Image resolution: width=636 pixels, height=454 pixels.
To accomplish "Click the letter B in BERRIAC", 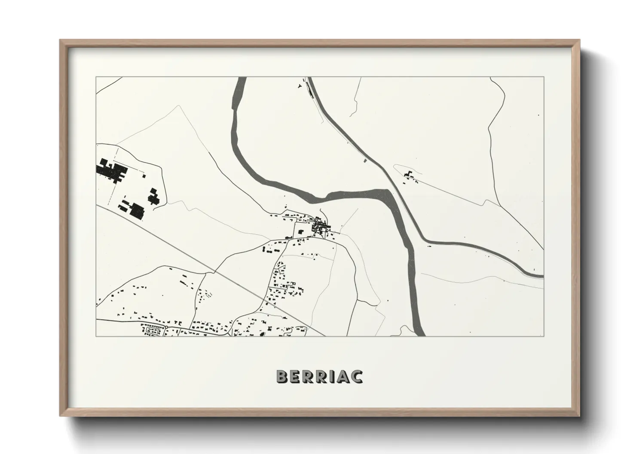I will [282, 376].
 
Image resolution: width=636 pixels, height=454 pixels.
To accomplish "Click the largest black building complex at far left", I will [109, 171].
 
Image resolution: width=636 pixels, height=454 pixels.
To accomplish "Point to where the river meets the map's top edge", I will [241, 79].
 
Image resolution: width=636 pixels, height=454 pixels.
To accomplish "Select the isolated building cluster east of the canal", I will [408, 176].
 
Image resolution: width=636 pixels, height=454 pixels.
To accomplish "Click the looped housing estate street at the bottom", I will [153, 331].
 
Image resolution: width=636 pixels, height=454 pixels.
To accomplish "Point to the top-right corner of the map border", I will [544, 77].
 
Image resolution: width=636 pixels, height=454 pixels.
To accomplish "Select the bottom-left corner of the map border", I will [96, 336].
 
